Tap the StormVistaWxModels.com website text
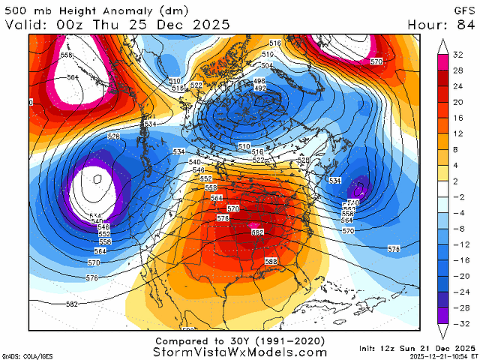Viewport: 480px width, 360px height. (240, 351)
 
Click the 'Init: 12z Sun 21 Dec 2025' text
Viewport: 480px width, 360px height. (424, 348)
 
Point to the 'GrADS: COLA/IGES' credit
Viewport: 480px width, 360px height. (22, 355)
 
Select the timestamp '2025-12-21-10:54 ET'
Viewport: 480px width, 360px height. (437, 356)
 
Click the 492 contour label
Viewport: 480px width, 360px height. (260, 88)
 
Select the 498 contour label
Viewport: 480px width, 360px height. (260, 81)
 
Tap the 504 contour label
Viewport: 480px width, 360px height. (266, 66)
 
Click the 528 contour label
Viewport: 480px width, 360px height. (114, 136)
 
